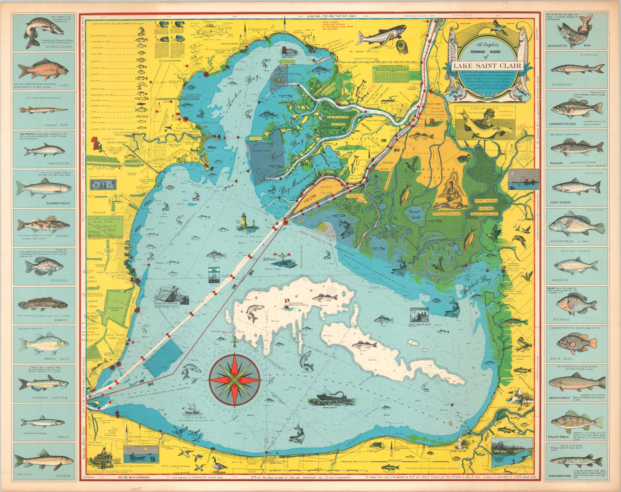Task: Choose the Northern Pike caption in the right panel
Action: (x=561, y=475)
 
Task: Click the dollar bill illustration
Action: (x=103, y=184)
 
